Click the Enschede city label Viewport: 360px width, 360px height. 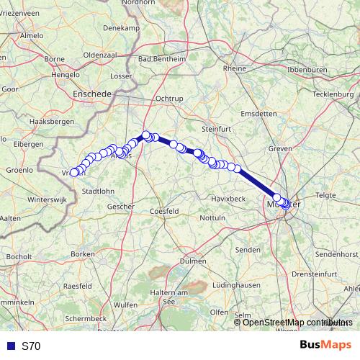(92, 94)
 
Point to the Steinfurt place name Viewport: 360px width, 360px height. (214, 129)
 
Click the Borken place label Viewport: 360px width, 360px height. (84, 254)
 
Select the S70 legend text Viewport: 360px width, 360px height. (31, 346)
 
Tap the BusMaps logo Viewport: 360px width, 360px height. (325, 345)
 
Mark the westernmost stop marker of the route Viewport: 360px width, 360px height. (73, 172)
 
